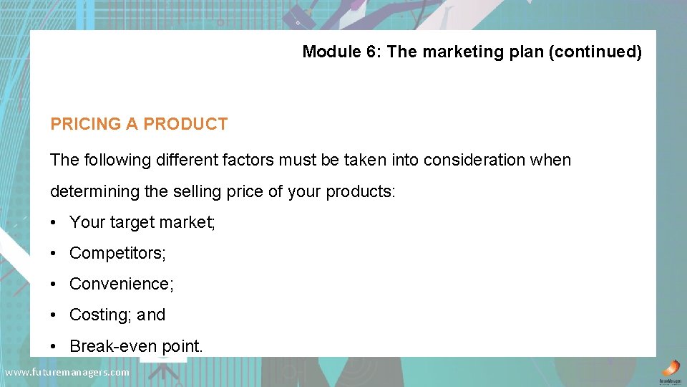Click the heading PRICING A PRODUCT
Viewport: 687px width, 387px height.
click(x=139, y=124)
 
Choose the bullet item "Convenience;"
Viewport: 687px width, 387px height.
click(x=121, y=284)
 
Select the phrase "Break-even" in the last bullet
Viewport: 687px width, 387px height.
click(x=106, y=346)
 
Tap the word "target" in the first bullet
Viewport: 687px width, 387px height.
click(x=131, y=222)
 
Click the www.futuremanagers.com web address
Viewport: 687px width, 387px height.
click(x=67, y=373)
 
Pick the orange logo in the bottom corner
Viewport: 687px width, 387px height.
click(x=669, y=369)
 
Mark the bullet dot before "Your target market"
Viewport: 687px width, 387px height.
click(x=54, y=223)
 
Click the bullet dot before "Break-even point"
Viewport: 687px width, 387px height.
click(x=54, y=347)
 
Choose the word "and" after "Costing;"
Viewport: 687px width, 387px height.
click(x=151, y=315)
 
